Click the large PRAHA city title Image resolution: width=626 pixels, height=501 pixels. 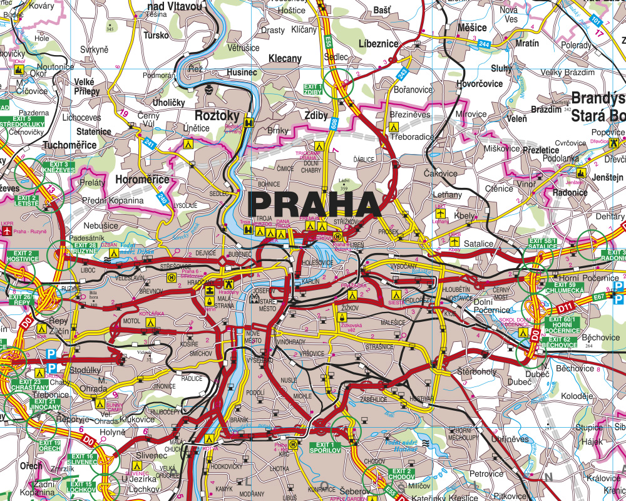(x=315, y=205)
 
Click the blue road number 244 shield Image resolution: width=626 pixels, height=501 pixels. (x=483, y=44)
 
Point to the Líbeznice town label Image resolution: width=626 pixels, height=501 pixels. (x=378, y=44)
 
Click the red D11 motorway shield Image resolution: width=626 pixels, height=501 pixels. (x=566, y=307)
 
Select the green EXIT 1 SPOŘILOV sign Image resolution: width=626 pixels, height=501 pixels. (x=325, y=447)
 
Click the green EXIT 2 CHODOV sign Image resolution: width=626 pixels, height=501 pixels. (x=402, y=474)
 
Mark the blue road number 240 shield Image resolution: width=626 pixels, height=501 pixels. (x=163, y=199)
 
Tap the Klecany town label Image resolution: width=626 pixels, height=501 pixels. (x=285, y=58)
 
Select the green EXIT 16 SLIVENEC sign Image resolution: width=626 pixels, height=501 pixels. (x=81, y=459)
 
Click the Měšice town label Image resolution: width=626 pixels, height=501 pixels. (x=472, y=28)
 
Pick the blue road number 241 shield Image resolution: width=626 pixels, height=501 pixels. (x=149, y=143)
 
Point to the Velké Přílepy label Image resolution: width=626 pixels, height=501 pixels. (x=87, y=86)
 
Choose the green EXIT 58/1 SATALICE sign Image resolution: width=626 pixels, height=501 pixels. (x=542, y=243)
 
